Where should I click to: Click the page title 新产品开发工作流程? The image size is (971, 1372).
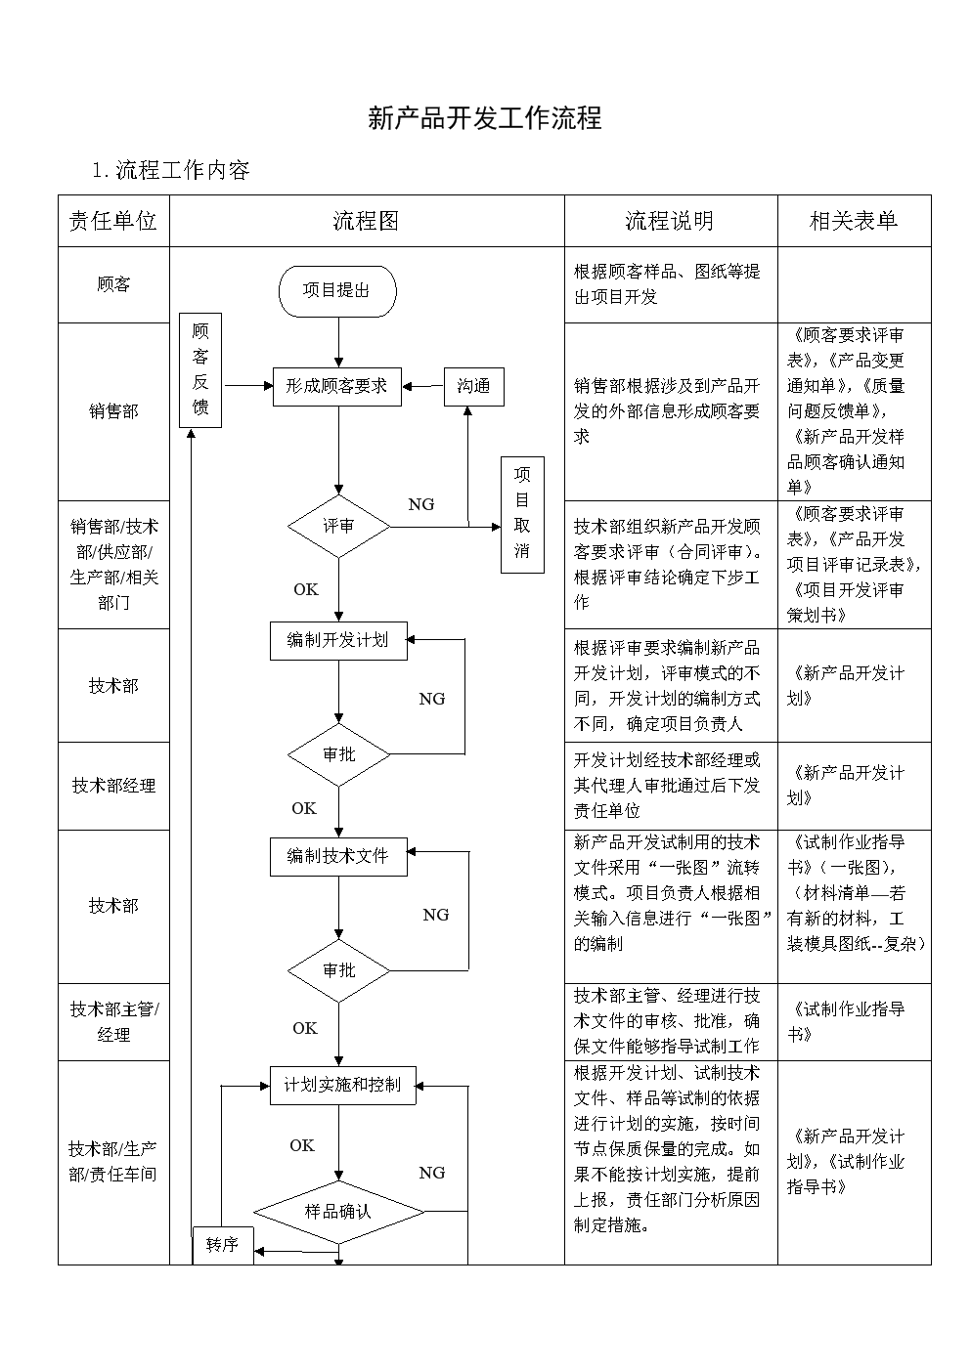click(484, 119)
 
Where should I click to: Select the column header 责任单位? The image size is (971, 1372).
click(112, 221)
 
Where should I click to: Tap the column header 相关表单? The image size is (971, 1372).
click(853, 221)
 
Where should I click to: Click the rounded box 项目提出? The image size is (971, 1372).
click(337, 290)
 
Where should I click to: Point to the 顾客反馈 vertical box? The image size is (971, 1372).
click(200, 369)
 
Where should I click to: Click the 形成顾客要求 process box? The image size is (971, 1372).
click(337, 386)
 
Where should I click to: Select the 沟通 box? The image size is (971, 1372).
click(473, 386)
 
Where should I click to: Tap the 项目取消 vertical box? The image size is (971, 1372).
click(522, 513)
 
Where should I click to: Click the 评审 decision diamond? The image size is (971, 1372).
click(338, 527)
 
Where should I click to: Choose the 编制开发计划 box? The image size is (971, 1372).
click(338, 640)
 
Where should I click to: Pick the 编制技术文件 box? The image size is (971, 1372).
click(338, 856)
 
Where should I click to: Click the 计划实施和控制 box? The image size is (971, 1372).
click(342, 1085)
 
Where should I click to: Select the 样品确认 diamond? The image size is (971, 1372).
click(338, 1212)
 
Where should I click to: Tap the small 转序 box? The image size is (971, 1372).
click(223, 1245)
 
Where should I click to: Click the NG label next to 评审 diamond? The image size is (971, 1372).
click(421, 504)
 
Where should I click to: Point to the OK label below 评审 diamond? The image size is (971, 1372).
click(306, 589)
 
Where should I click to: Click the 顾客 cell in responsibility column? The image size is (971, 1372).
click(113, 284)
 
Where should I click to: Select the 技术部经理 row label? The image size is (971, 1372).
click(113, 786)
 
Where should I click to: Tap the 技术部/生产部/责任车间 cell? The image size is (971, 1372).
click(113, 1161)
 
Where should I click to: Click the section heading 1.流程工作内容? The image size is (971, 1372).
click(171, 170)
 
